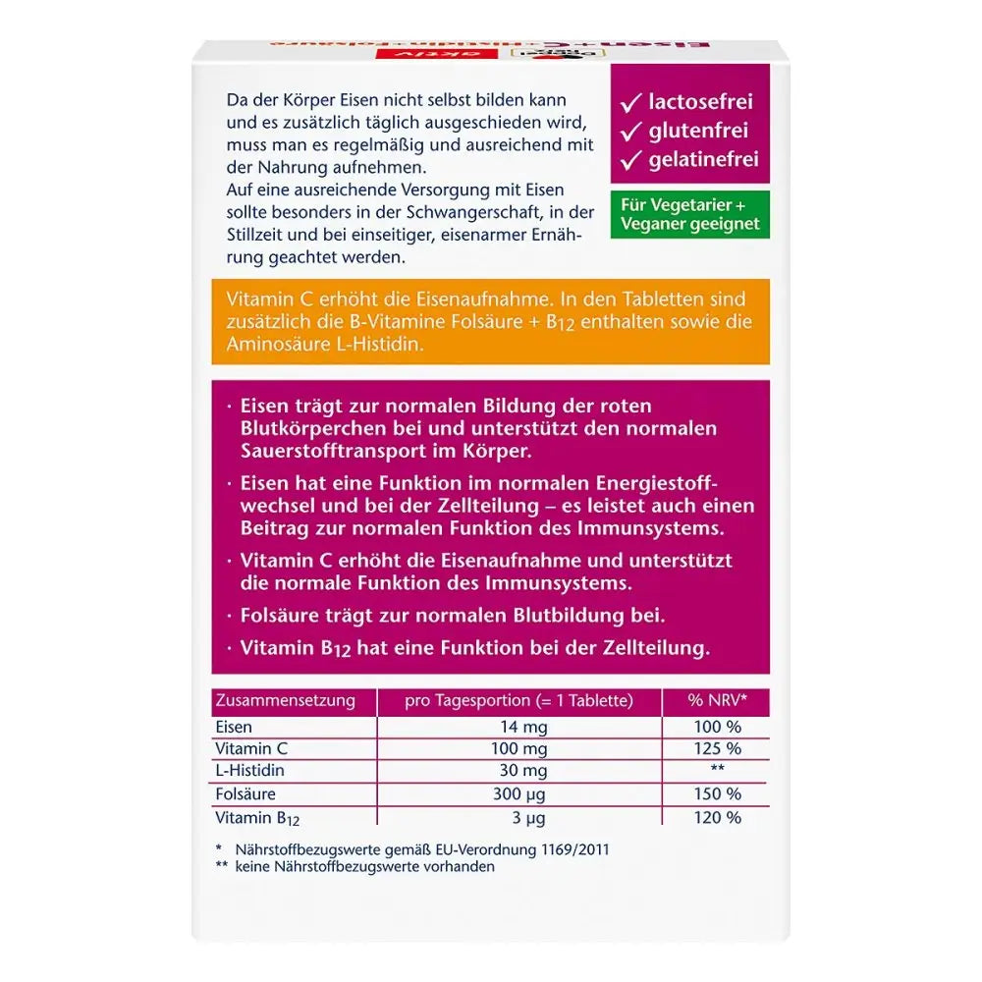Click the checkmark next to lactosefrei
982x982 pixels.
pos(630,102)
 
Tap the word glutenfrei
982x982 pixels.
pos(697,131)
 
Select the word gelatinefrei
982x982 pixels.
pos(703,159)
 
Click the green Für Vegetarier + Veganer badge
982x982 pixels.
pos(690,215)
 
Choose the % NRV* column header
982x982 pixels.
pos(715,701)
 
